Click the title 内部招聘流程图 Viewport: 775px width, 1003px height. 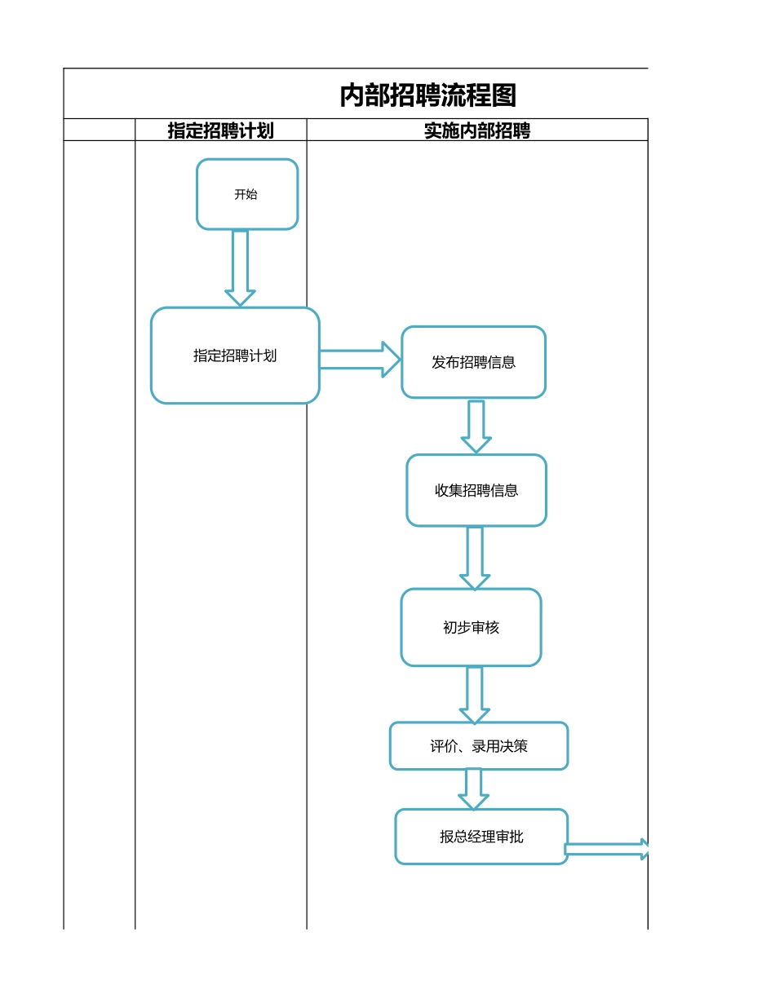(427, 95)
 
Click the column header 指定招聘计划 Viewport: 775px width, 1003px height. (220, 130)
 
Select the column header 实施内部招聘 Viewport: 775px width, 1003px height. (476, 130)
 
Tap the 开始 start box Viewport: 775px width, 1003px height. (246, 194)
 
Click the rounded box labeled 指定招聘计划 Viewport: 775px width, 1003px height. (235, 356)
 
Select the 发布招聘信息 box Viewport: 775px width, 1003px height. (473, 362)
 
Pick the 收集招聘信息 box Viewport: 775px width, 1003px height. (476, 490)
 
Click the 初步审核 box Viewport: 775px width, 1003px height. (471, 627)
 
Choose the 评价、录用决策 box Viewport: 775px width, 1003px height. (478, 745)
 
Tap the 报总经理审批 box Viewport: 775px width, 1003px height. (481, 836)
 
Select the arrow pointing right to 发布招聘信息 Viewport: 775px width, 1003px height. (359, 360)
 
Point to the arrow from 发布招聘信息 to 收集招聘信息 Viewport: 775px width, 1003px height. (476, 426)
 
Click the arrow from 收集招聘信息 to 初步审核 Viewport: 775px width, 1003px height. (475, 557)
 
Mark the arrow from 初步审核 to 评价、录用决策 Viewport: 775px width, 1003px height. (475, 694)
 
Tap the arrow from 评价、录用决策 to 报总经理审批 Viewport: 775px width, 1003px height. (473, 789)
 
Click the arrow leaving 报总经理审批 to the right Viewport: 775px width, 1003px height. (607, 850)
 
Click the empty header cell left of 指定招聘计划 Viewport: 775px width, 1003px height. (100, 130)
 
